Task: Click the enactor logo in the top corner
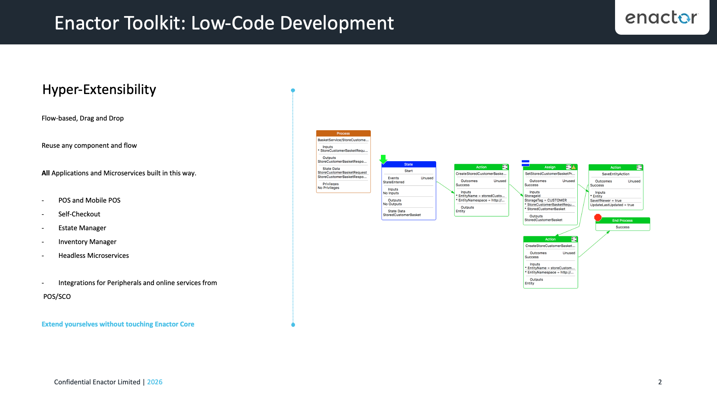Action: click(x=661, y=18)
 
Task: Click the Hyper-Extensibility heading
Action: click(x=99, y=90)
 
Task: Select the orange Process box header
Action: click(x=343, y=133)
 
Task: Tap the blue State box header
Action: click(x=409, y=164)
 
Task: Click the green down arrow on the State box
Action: click(x=383, y=159)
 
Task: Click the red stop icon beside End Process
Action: click(x=598, y=218)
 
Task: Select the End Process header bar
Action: click(x=623, y=221)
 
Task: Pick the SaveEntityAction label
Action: click(x=615, y=174)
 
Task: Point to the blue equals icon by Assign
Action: click(x=525, y=163)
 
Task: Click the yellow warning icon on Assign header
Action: click(x=574, y=167)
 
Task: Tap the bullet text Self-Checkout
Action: click(x=79, y=214)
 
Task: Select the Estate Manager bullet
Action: click(x=82, y=228)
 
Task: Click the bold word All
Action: click(x=46, y=173)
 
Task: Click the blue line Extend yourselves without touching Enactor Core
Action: click(x=118, y=324)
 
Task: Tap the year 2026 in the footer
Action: click(x=155, y=382)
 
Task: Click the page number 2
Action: click(x=660, y=382)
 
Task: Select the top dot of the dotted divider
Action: click(x=293, y=91)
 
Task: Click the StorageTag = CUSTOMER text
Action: click(x=546, y=200)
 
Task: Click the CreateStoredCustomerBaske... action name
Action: click(x=481, y=174)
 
